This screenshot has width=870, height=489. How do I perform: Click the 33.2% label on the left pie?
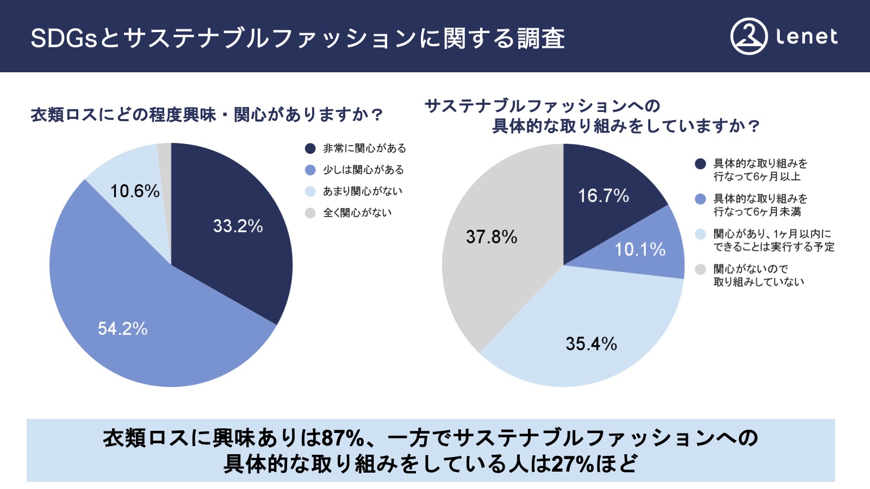tap(238, 226)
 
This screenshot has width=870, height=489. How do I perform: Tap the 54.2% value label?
tap(122, 328)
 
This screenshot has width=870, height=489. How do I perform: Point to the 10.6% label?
tap(135, 191)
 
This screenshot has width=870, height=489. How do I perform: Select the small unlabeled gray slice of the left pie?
tap(165, 158)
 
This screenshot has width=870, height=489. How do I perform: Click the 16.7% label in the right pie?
tap(603, 196)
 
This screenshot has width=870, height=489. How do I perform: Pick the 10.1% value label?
tap(639, 249)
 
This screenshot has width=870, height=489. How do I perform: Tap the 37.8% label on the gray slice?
tap(491, 237)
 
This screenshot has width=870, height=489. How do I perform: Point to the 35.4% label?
tap(591, 343)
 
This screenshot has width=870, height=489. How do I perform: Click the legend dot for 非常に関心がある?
tap(310, 148)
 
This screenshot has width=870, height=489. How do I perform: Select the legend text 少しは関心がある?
tap(363, 170)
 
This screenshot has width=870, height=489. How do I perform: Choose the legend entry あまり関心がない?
tap(362, 191)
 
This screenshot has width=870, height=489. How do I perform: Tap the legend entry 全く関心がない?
tap(357, 213)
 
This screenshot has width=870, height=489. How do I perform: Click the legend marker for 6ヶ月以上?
tap(700, 164)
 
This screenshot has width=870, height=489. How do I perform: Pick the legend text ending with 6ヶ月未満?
tap(760, 205)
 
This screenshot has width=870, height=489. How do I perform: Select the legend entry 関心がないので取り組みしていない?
tap(758, 275)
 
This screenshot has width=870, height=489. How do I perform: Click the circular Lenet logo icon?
tap(749, 37)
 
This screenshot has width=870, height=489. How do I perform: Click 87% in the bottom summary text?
tap(343, 438)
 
